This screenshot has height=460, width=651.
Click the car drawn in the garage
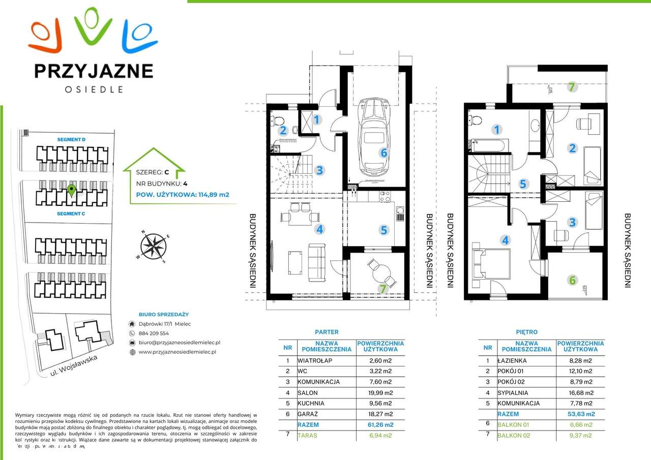374,136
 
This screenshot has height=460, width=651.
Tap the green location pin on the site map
72,191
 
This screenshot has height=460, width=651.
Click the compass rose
153,247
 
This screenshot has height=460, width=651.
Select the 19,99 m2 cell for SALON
380,392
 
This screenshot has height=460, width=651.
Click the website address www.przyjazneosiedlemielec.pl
177,352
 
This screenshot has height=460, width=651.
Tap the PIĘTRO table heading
526,332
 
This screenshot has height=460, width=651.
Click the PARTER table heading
327,332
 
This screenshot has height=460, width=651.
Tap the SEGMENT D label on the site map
71,139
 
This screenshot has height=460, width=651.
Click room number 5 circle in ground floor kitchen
383,230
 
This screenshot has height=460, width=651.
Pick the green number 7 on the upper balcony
572,87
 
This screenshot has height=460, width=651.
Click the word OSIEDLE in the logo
94,89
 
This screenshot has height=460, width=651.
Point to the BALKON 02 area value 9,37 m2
580,435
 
